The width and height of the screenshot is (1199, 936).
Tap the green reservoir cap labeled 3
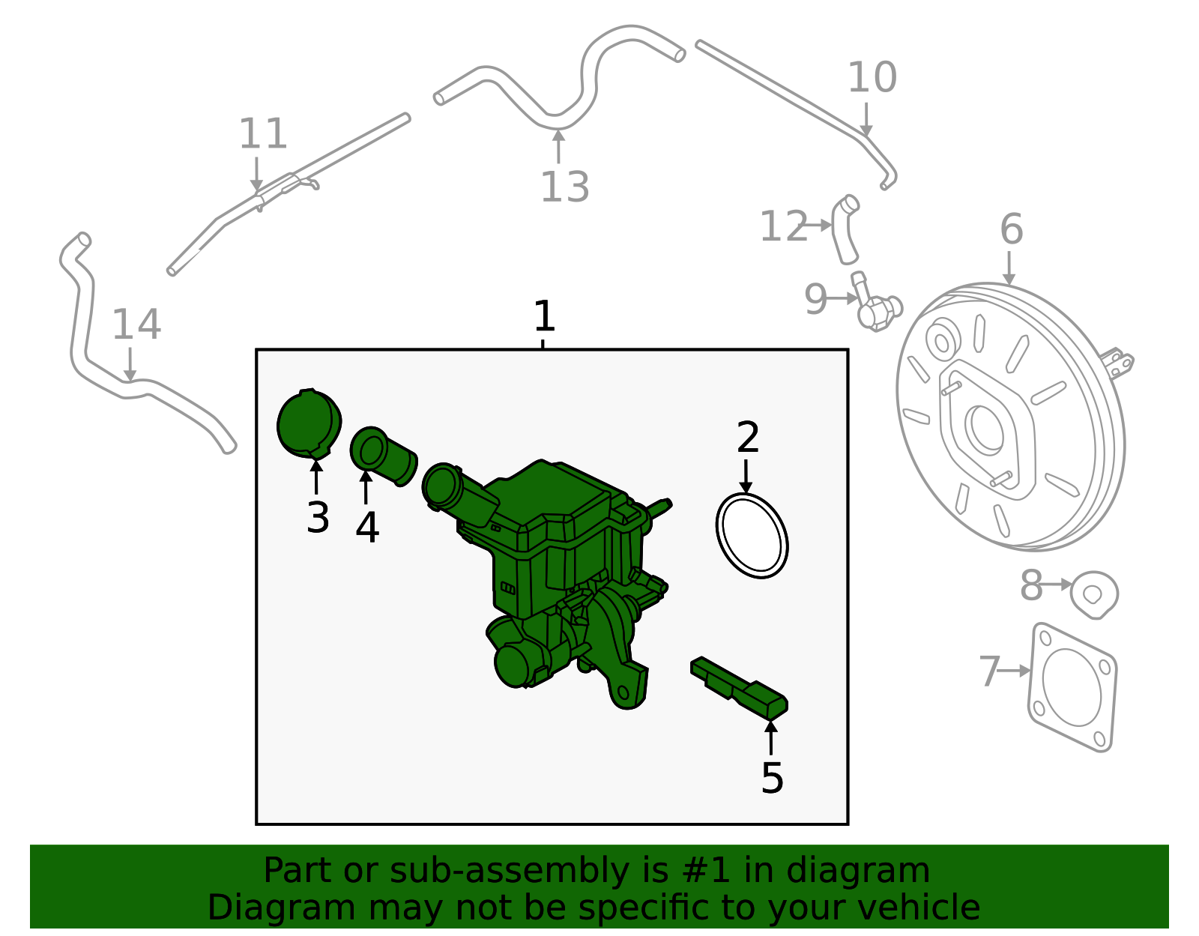coord(308,423)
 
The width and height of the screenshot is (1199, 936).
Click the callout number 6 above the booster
coord(1011,229)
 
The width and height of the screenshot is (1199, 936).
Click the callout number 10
coord(872,78)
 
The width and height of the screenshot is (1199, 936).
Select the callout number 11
coord(262,135)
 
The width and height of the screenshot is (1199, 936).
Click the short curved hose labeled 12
coord(845,229)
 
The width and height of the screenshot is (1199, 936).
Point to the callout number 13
coord(565,187)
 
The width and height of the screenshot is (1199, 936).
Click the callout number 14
coord(136,325)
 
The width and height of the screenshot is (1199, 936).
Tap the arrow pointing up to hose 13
coord(558,146)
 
